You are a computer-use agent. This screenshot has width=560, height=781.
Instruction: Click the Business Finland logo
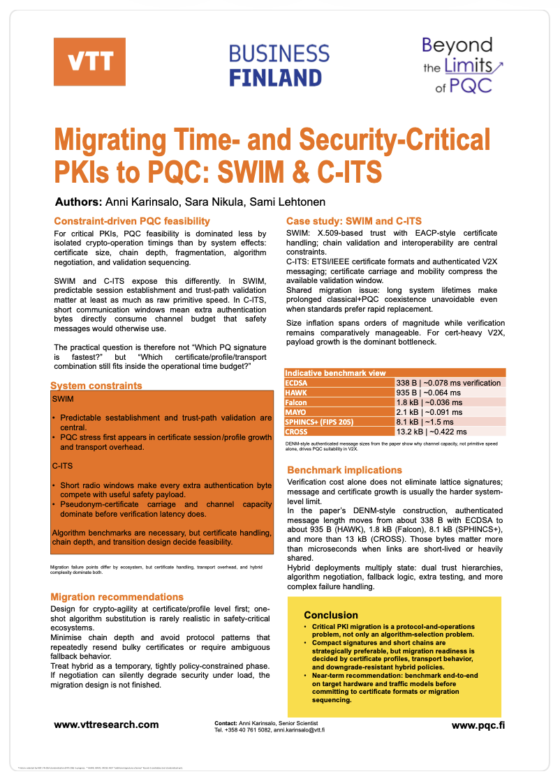point(279,65)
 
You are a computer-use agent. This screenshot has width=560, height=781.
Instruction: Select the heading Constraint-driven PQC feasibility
point(132,221)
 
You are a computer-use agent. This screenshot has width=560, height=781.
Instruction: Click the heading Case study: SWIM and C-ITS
point(354,221)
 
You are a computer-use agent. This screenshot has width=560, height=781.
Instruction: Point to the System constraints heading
point(96,385)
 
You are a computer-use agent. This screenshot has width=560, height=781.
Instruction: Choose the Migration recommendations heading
point(117,597)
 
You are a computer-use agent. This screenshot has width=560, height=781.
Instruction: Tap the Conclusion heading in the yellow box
point(331,615)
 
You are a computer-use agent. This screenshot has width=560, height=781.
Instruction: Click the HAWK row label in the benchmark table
point(297,393)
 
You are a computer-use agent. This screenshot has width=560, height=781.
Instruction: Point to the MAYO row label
point(297,412)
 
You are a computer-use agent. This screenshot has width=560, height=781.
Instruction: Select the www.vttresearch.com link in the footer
point(106,725)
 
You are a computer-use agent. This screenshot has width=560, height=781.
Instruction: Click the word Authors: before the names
point(78,202)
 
